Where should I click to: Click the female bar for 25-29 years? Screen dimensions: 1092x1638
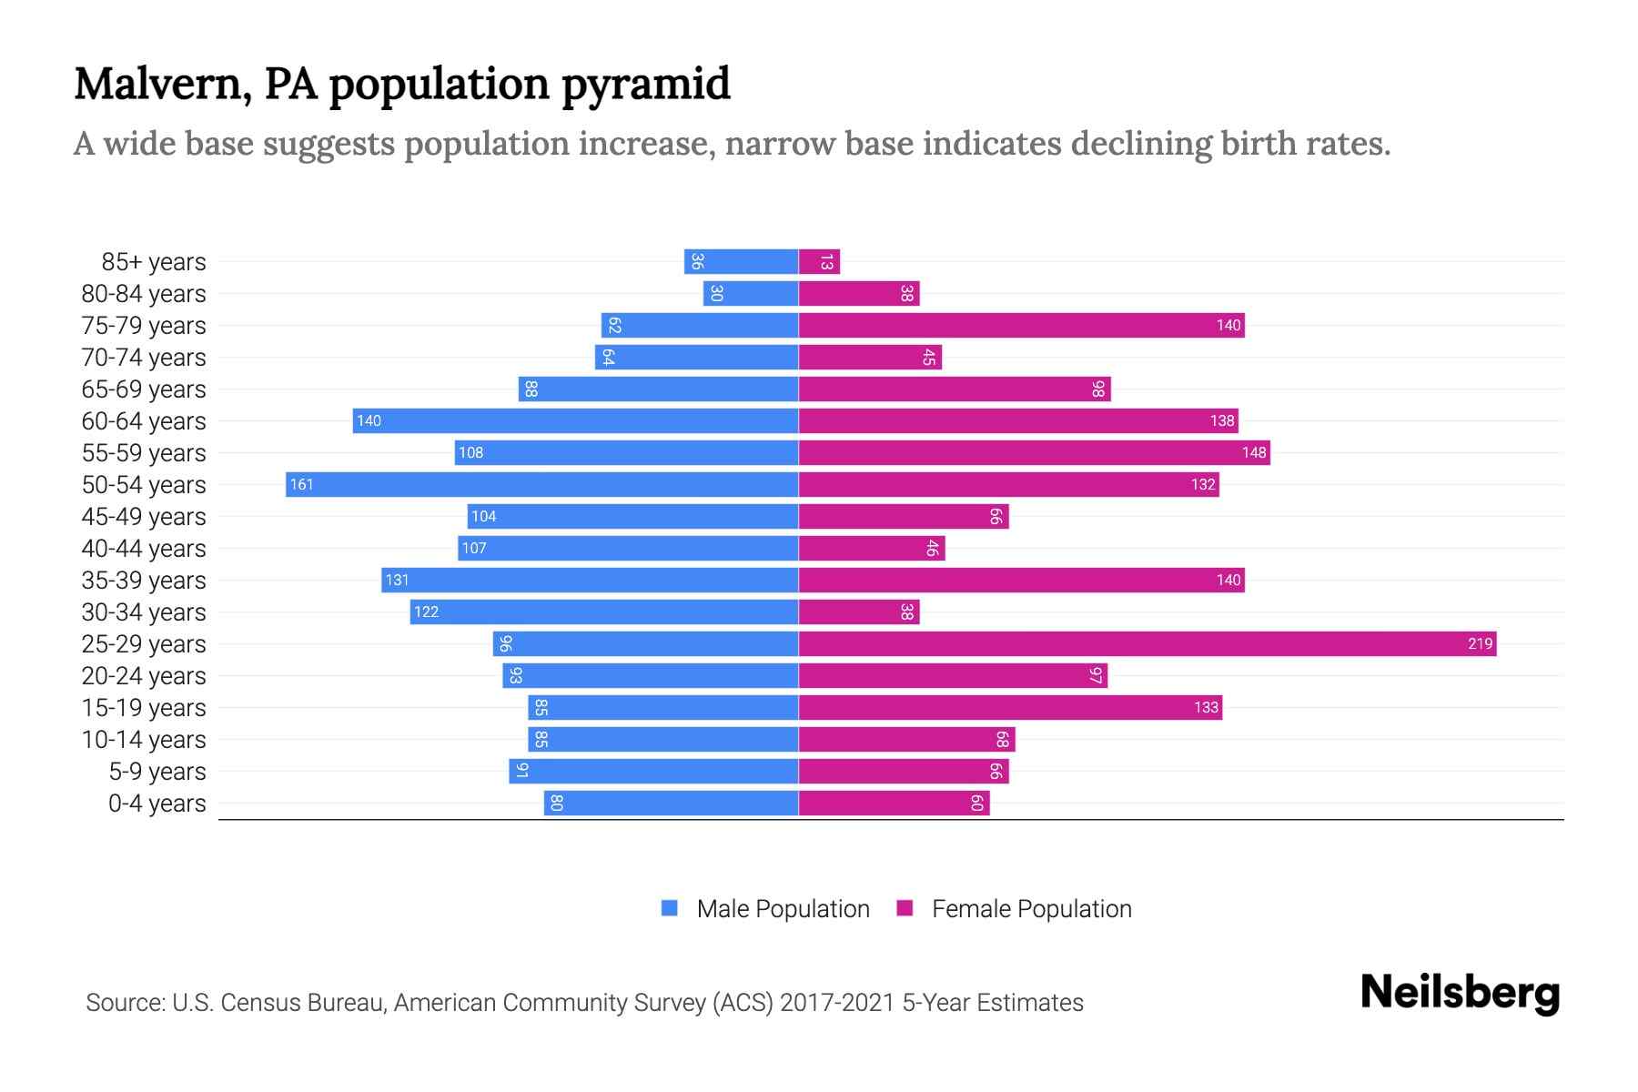[1147, 644]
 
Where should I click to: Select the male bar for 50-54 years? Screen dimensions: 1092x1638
[542, 485]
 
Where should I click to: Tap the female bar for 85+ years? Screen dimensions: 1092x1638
[819, 262]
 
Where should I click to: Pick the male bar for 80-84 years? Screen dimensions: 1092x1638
[751, 294]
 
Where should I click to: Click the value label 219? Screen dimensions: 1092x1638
[1480, 644]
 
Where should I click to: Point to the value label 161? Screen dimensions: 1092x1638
[301, 485]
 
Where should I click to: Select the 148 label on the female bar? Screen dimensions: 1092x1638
[1253, 453]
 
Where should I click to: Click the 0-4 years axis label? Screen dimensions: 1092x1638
[157, 804]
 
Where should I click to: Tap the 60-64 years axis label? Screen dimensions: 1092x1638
[144, 421]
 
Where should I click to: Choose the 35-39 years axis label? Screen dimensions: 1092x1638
[144, 581]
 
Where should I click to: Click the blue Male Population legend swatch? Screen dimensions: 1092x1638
[670, 908]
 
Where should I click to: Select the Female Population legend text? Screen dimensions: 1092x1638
[1031, 909]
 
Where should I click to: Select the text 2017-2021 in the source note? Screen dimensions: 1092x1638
[837, 1003]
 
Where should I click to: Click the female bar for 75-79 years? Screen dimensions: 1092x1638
[1021, 326]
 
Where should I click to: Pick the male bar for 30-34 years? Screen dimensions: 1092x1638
[604, 612]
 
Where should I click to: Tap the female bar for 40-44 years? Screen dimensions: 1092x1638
[872, 549]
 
